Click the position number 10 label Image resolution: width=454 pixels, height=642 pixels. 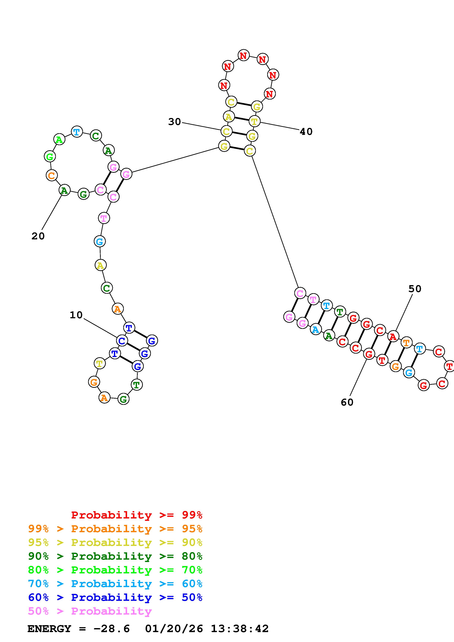click(x=76, y=315)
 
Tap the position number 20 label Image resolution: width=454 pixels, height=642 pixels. click(x=38, y=236)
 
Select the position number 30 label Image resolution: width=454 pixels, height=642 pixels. click(x=175, y=122)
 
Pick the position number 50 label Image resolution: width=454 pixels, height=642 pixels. click(x=415, y=289)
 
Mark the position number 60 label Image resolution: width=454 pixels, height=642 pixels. click(x=347, y=402)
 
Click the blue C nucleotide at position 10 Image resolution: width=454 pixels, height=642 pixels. click(x=122, y=341)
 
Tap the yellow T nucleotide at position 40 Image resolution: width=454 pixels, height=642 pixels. click(x=254, y=121)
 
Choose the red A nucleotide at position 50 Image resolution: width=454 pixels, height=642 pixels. click(x=393, y=337)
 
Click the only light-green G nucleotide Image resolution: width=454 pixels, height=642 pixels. click(x=50, y=157)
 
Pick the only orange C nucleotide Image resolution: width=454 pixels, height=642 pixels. click(x=51, y=176)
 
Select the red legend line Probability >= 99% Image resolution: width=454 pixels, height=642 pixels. click(x=137, y=515)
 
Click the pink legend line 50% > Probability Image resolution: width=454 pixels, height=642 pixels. click(x=90, y=611)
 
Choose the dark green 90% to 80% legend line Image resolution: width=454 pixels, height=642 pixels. click(x=115, y=556)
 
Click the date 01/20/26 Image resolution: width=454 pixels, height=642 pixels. click(x=174, y=629)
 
